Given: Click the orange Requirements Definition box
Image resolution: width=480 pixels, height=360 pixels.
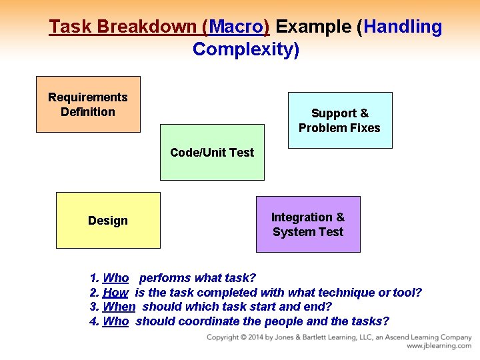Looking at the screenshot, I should tap(87, 105).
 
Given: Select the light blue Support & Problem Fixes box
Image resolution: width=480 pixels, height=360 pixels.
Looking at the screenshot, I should tap(339, 121).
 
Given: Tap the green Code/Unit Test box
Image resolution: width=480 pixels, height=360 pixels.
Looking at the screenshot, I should tap(212, 153).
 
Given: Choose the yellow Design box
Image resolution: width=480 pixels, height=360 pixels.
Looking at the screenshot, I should tap(108, 221).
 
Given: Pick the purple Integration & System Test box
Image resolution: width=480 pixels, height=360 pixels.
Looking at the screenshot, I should tap(308, 225).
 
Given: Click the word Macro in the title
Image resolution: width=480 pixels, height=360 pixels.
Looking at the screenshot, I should tap(237, 27).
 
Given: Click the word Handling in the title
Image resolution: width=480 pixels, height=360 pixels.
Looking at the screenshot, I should tap(403, 27).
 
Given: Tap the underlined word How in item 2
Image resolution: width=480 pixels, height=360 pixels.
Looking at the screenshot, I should tap(115, 293).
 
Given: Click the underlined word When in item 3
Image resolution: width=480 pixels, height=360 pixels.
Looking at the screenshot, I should tap(119, 307).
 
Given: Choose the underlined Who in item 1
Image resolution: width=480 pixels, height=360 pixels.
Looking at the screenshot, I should tap(116, 278).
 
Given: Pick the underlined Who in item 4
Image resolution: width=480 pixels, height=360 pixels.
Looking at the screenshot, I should tap(116, 321).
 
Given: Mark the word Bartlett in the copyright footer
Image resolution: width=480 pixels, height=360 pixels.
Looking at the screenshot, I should tap(319, 337).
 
